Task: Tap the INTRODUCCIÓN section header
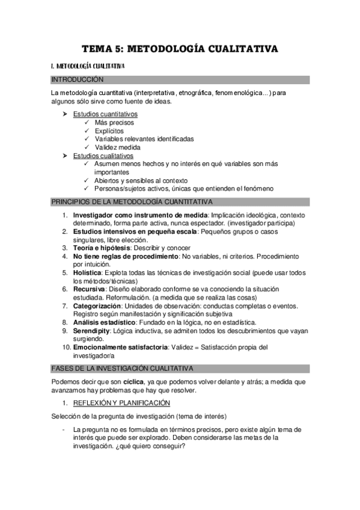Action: (78, 79)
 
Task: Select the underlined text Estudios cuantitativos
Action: (105, 114)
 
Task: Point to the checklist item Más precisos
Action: (114, 122)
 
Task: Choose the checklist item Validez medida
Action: (117, 147)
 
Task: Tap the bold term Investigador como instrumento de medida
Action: (139, 214)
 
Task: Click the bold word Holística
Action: (87, 272)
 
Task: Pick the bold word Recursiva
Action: (88, 289)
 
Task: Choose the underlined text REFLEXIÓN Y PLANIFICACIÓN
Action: (121, 402)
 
